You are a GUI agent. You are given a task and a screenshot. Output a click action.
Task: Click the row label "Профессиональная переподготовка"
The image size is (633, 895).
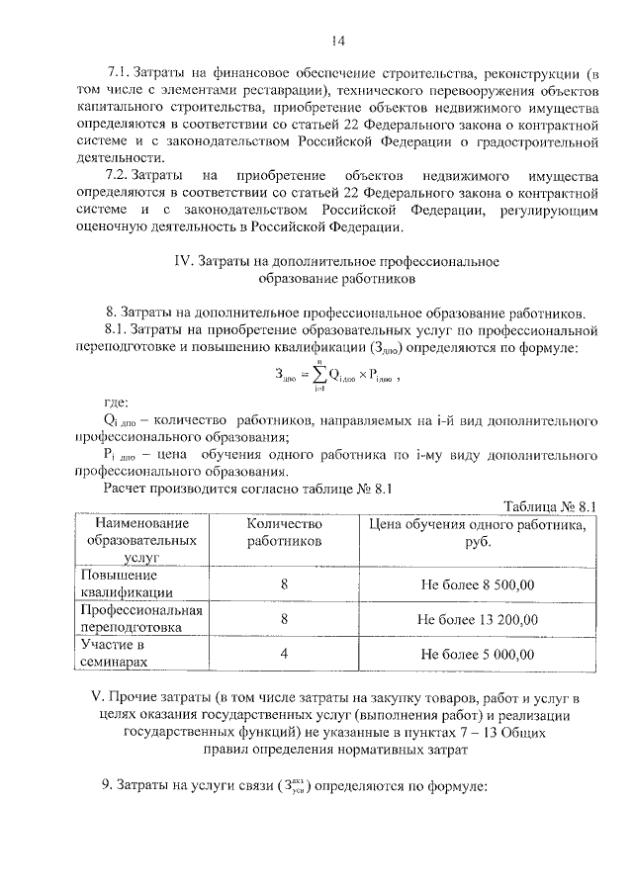click(141, 619)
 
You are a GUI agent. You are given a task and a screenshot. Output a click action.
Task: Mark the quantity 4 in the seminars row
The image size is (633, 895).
click(284, 654)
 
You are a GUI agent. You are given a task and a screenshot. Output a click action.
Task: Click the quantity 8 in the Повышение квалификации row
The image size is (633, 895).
click(284, 583)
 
